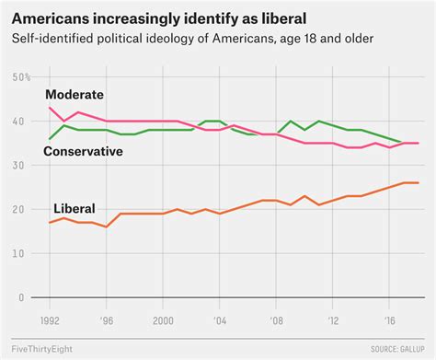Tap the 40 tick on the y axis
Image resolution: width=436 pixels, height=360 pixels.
click(x=20, y=122)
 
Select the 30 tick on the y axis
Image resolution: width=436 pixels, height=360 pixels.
click(x=20, y=166)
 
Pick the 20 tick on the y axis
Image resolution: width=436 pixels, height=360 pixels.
click(x=20, y=210)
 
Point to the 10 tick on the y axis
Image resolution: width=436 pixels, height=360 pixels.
click(x=20, y=254)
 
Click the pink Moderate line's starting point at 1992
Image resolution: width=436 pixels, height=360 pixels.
click(x=50, y=108)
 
